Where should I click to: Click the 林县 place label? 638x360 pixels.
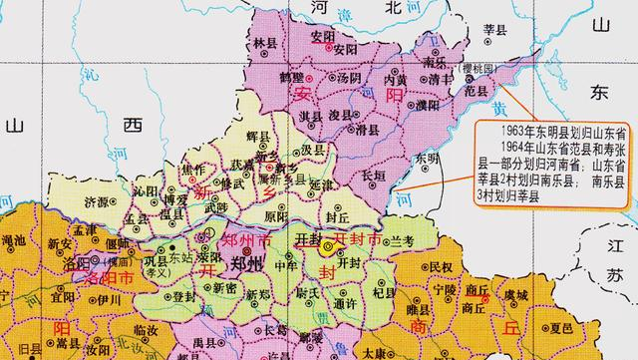265,45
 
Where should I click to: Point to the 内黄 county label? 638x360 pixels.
395,79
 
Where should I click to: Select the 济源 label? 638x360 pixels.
98,200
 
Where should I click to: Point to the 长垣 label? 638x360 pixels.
373,177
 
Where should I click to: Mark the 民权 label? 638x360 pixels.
440,266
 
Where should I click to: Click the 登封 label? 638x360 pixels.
184,294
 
